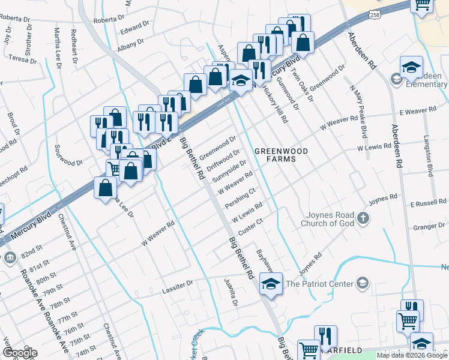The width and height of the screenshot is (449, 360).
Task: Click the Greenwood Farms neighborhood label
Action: [x=282, y=155]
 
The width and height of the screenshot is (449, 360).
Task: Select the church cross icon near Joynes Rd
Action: [x=363, y=218]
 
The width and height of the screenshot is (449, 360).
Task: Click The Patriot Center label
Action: [x=318, y=283]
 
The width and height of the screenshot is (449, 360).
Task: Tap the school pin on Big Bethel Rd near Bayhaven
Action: [x=271, y=283]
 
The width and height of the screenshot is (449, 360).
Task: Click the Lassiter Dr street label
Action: [x=178, y=290]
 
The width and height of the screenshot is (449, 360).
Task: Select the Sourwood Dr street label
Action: [x=68, y=162]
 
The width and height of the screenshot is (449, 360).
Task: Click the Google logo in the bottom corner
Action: [x=20, y=352]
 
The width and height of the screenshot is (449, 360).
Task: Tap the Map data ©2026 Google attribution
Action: [x=411, y=355]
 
